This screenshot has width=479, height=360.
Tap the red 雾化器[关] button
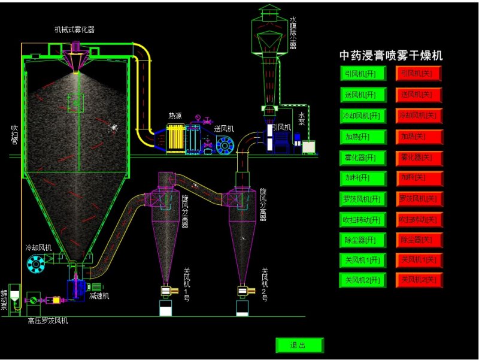[x=419, y=158]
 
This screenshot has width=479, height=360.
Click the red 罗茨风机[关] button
[x=419, y=199]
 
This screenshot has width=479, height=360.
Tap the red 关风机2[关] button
[x=419, y=280]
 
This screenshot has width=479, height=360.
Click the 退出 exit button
[x=299, y=345]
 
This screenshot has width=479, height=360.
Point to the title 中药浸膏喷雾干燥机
[x=391, y=56]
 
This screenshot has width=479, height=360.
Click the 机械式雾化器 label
[x=74, y=29]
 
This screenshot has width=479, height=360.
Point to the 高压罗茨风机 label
[x=48, y=321]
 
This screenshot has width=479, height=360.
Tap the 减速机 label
[x=99, y=296]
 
